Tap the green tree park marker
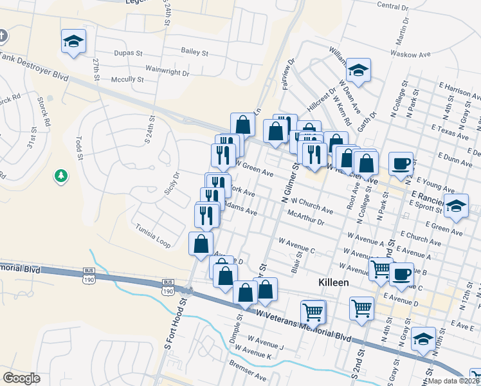61,175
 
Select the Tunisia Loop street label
153,235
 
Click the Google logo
21,378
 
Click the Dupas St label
129,53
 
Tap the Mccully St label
127,80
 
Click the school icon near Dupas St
73,42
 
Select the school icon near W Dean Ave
359,69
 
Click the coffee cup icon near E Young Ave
401,163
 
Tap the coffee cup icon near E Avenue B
402,273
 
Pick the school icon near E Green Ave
456,206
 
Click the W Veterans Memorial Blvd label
304,325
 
